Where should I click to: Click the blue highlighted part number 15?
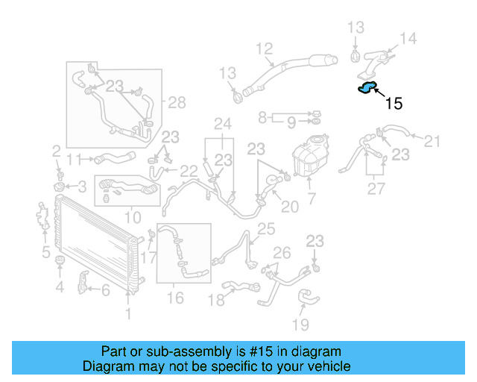coord(367,90)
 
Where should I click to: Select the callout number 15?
coord(394,104)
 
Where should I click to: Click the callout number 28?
coord(176,102)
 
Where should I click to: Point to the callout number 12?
coord(265,50)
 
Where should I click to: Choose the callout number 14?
coord(408,39)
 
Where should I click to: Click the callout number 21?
coord(432,140)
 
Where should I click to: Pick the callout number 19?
coord(300,325)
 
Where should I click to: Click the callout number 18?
coord(215,300)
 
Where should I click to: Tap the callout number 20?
coord(290,206)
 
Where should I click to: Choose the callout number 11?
coord(73,159)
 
